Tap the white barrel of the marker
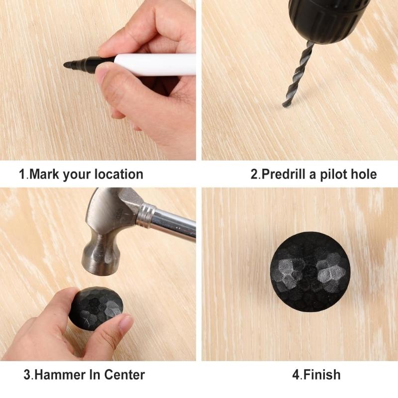[155, 65]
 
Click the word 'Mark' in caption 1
[44, 175]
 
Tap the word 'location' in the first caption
[119, 175]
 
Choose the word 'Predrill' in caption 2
[284, 175]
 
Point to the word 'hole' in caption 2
[364, 175]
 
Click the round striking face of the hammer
[99, 269]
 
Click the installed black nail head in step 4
[310, 272]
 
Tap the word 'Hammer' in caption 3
[60, 375]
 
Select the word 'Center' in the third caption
[124, 375]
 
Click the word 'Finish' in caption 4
[322, 375]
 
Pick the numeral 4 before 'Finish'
[296, 375]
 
